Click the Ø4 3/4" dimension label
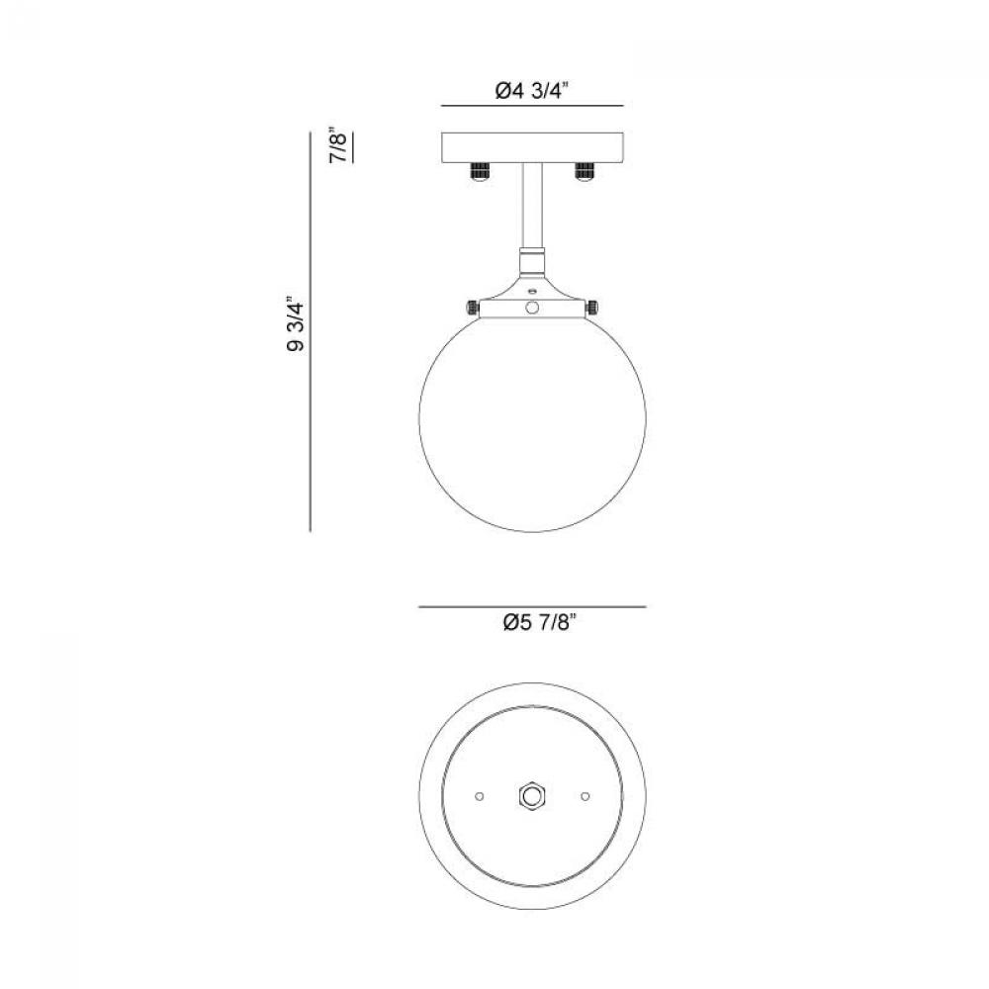pos(532,91)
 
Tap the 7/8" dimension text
pos(339,147)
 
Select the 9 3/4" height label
pos(296,324)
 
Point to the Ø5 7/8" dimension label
pos(540,623)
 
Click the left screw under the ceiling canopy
pos(480,171)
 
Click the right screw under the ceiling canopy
pos(584,171)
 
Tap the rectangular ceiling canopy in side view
pos(532,147)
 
